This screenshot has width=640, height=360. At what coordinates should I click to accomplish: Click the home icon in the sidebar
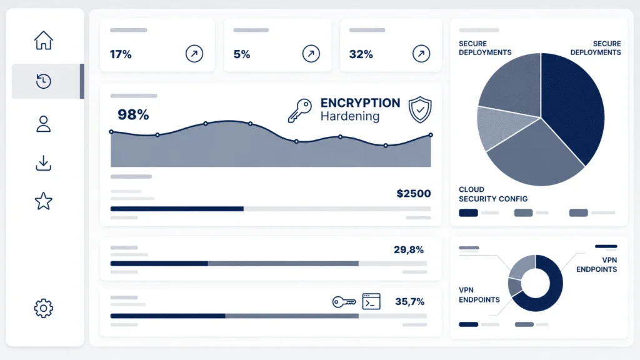[x=43, y=41]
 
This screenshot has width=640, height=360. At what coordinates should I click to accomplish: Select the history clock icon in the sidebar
[x=43, y=81]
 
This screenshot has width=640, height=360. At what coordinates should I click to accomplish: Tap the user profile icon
[x=43, y=124]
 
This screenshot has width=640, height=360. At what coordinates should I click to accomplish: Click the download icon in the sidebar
[x=43, y=163]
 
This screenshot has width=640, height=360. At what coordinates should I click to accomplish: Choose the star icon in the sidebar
[x=43, y=201]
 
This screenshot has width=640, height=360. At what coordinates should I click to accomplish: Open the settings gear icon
[x=43, y=308]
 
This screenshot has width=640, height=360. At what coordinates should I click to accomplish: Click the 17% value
[x=121, y=54]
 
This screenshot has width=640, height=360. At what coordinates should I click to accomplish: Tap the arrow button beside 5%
[x=311, y=54]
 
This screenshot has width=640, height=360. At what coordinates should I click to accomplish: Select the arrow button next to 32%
[x=421, y=54]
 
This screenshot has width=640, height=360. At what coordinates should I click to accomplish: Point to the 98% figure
[x=133, y=115]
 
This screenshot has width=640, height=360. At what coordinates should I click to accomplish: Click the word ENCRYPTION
[x=360, y=103]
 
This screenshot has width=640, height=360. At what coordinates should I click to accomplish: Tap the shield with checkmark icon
[x=420, y=109]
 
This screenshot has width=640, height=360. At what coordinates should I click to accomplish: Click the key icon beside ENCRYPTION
[x=299, y=110]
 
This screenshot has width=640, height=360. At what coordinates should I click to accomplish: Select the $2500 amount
[x=414, y=194]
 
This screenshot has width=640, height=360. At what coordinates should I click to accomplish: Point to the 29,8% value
[x=409, y=249]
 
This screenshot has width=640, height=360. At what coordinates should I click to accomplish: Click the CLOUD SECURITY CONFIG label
[x=493, y=194]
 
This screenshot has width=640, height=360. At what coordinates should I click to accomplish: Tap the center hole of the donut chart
[x=536, y=283]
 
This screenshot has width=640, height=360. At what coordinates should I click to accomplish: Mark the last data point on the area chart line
[x=431, y=135]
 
